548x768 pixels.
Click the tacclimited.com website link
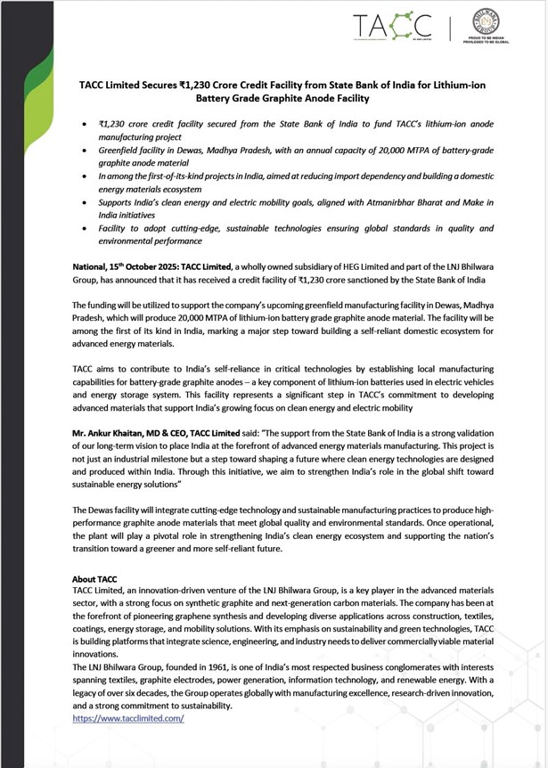[127, 717]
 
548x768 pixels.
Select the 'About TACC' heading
[95, 578]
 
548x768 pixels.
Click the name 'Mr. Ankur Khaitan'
[107, 431]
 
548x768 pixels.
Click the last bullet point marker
[84, 228]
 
